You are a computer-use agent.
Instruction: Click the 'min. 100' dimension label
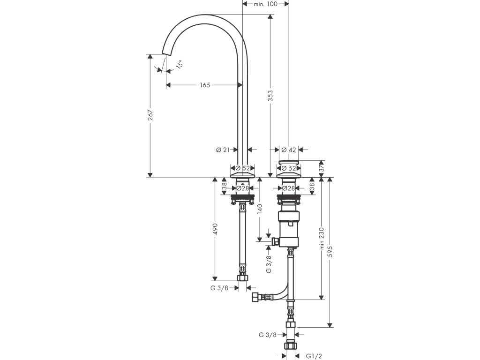[x=265, y=4]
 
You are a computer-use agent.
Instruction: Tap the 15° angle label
[x=180, y=64]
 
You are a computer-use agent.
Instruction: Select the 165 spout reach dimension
[x=205, y=85]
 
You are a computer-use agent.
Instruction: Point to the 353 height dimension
[x=270, y=96]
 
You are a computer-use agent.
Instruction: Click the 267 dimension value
[x=150, y=115]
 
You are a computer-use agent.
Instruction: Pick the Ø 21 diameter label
[x=223, y=150]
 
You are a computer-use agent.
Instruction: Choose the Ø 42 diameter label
[x=289, y=150]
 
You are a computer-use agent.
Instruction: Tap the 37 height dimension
[x=322, y=169]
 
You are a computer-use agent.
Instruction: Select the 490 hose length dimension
[x=215, y=229]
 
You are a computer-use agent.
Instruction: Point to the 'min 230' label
[x=322, y=238]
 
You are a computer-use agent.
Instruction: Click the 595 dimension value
[x=330, y=251]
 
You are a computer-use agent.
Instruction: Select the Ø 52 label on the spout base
[x=242, y=168]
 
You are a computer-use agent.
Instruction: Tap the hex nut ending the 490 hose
[x=243, y=277]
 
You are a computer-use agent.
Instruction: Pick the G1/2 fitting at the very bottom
[x=291, y=345]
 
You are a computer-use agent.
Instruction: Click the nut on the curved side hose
[x=255, y=297]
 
